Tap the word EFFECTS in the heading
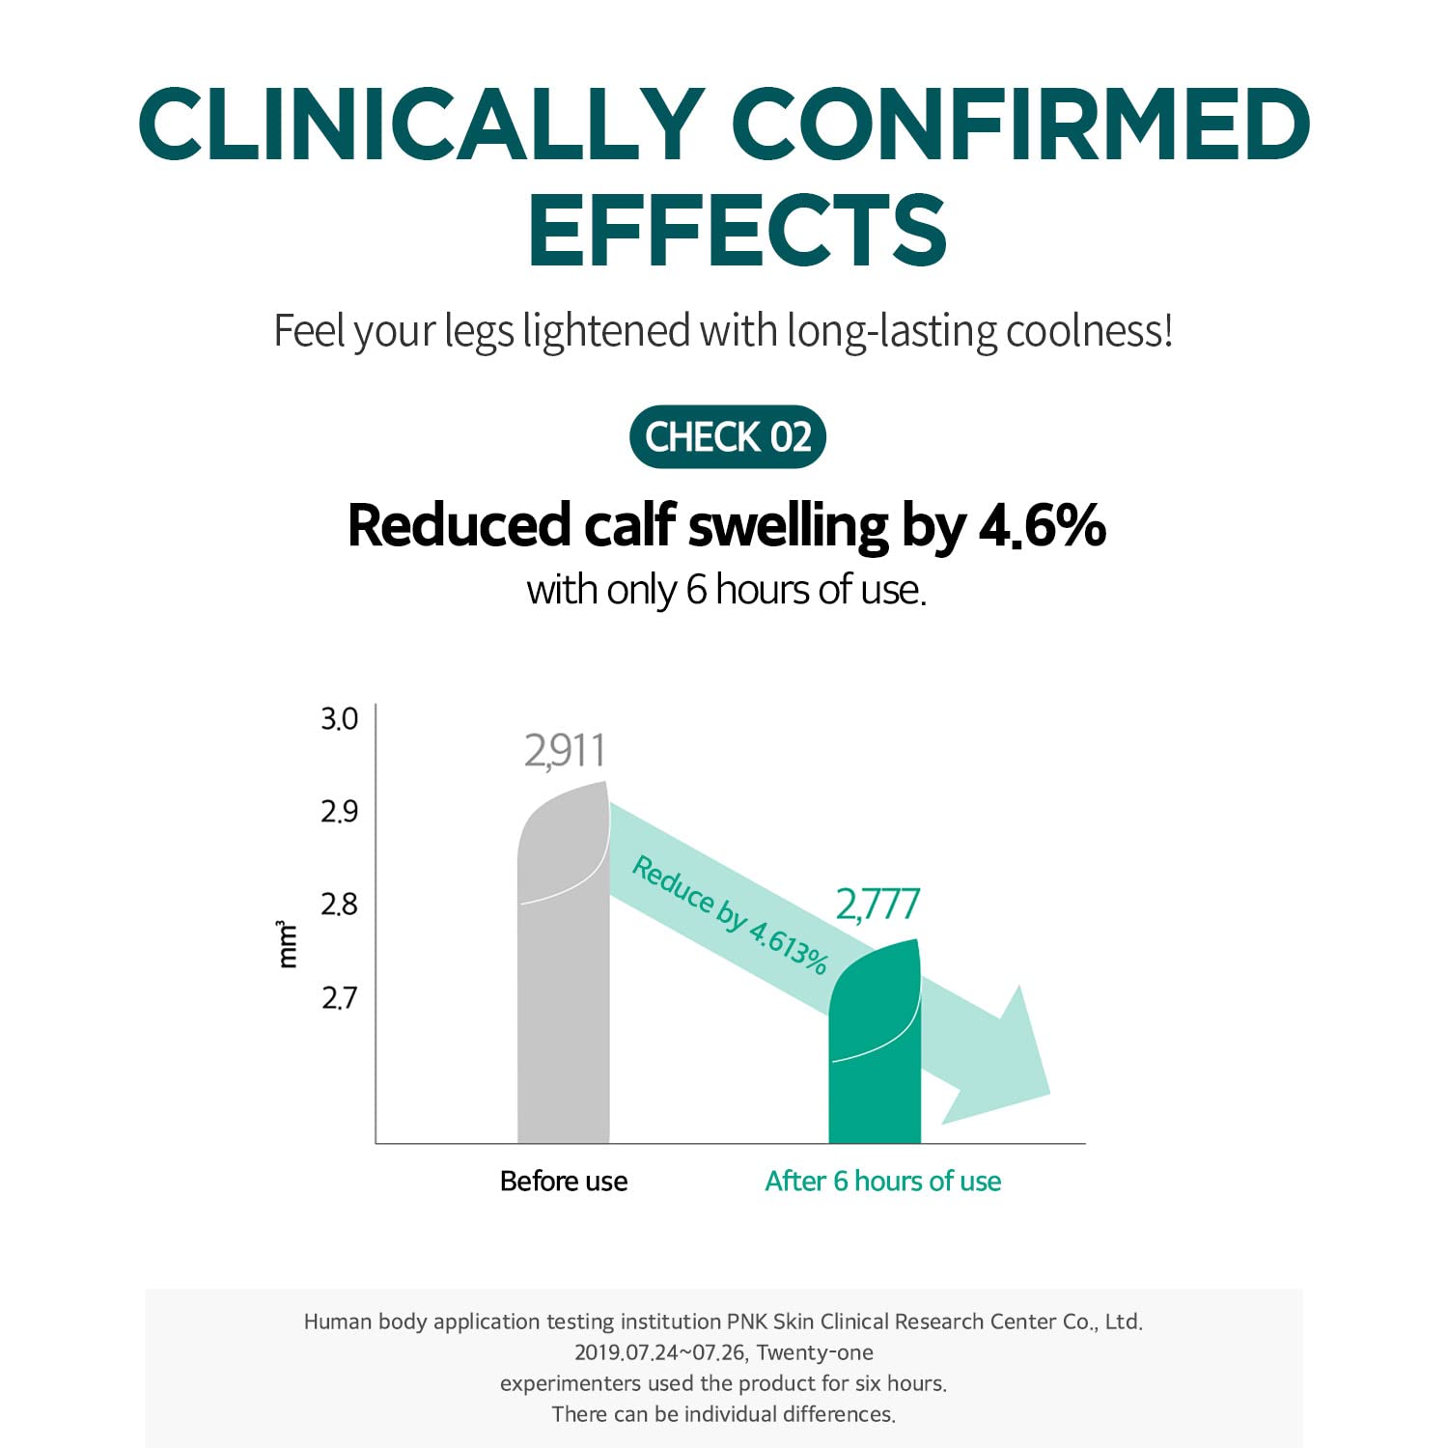pos(737,231)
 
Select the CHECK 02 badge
pos(728,437)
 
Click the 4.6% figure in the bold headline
pos(1042,526)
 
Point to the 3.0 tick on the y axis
pos(339,719)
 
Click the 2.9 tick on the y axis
pos(339,812)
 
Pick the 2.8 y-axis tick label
pos(339,905)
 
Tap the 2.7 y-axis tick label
pos(339,997)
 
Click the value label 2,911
pos(565,751)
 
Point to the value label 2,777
pos(877,905)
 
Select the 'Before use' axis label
pos(564,1181)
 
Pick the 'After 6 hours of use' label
pos(882,1181)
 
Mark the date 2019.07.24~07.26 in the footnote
pos(660,1352)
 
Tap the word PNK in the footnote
pos(747,1322)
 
